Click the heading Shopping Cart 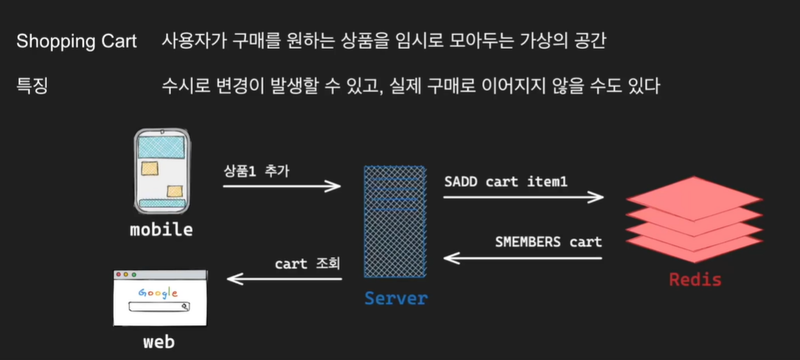tap(77, 41)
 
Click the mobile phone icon tap(163, 170)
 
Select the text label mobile tap(161, 229)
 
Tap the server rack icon tap(395, 221)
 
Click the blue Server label tap(395, 298)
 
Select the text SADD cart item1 tap(506, 181)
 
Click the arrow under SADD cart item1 tap(524, 197)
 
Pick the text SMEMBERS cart tap(548, 241)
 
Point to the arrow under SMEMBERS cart tap(523, 258)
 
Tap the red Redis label tap(695, 280)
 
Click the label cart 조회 tap(308, 263)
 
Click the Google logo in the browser tap(159, 293)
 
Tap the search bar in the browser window tap(159, 307)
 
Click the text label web tap(159, 342)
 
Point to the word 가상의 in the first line tap(525, 41)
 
